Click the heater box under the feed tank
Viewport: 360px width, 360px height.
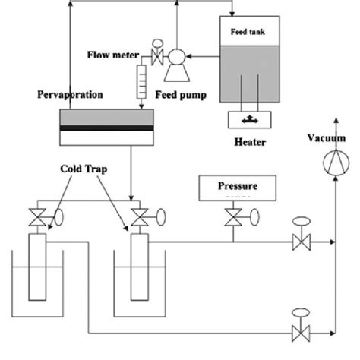252,119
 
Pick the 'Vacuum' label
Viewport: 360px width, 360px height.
327,137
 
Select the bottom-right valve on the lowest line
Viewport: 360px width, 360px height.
299,332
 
